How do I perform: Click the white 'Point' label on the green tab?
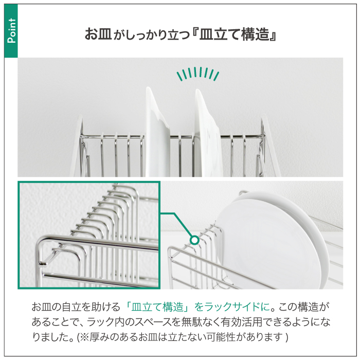click(12, 31)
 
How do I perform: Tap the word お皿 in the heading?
click(98, 34)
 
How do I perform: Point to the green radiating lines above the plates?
click(197, 74)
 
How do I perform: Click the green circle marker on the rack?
click(194, 240)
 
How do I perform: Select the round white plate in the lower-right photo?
click(271, 239)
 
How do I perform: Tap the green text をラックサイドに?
click(232, 307)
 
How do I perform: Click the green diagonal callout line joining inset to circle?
click(182, 225)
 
